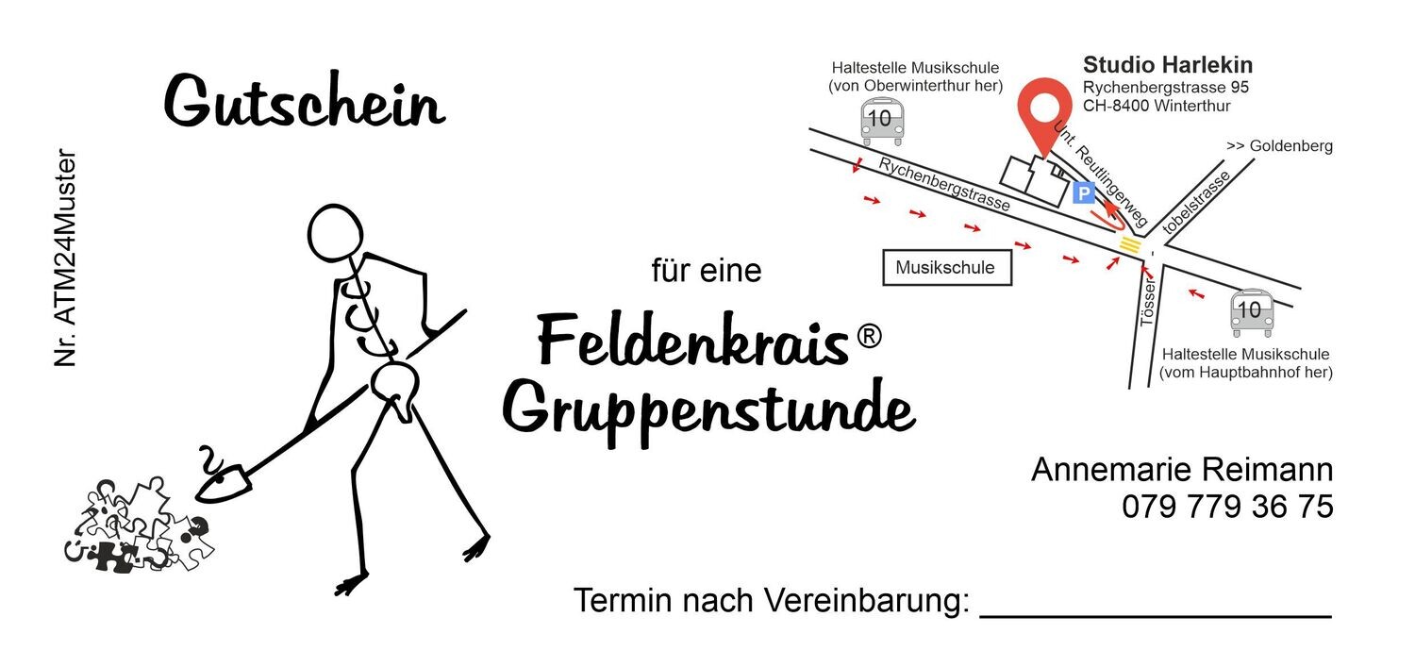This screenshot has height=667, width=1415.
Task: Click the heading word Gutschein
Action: (304, 102)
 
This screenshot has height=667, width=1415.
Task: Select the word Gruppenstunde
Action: (707, 410)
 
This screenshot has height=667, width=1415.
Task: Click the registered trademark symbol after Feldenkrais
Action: (869, 336)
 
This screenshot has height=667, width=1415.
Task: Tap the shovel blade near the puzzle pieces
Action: (226, 480)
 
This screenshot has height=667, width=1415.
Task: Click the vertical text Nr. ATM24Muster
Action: (65, 258)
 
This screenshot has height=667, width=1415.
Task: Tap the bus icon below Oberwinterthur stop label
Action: (882, 123)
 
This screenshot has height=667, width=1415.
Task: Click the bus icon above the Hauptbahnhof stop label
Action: (1251, 312)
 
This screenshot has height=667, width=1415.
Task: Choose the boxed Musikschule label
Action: (945, 268)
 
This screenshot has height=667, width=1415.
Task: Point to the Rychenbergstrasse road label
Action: (944, 185)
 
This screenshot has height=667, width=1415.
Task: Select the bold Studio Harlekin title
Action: (1168, 65)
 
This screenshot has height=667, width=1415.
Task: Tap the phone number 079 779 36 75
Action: (1227, 507)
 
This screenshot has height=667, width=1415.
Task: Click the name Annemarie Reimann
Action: (1182, 470)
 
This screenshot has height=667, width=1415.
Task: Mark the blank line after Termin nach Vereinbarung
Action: (1156, 614)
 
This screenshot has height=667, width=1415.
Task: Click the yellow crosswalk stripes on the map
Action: (1129, 245)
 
